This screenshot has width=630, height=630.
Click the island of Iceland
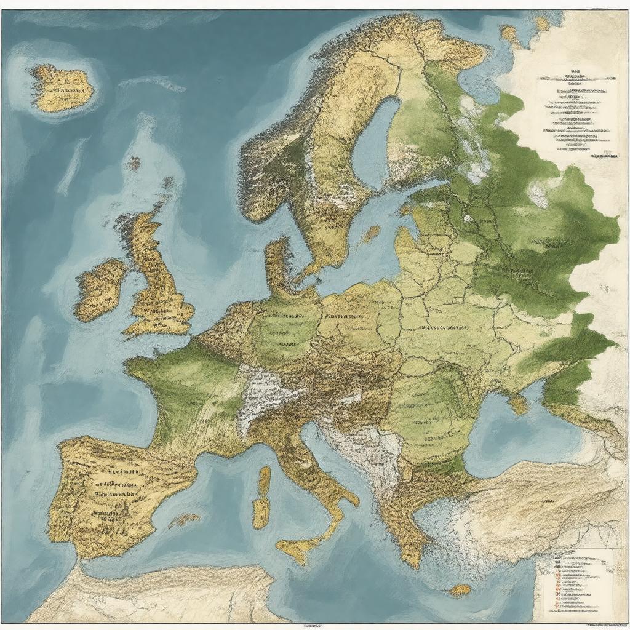tap(62, 89)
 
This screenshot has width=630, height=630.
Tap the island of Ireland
tap(101, 289)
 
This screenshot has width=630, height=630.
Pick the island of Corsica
tap(264, 480)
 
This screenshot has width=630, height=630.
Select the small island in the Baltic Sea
tap(370, 234)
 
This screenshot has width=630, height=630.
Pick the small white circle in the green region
tap(468, 218)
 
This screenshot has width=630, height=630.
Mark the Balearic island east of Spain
tap(184, 520)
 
